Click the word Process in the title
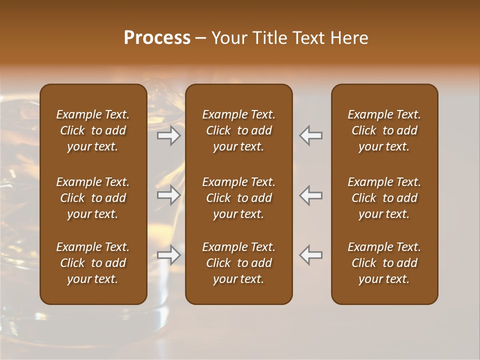[157, 38]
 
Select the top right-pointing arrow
[169, 135]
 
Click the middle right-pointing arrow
[169, 195]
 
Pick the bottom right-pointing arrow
[169, 255]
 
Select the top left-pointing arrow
[311, 135]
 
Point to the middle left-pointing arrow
[311, 195]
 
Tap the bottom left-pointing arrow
[311, 255]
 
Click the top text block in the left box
[93, 130]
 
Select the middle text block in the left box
[93, 198]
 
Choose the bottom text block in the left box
[93, 263]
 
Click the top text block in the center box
[239, 130]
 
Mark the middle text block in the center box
[239, 198]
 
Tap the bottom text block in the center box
[239, 263]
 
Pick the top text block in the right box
[384, 130]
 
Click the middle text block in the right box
[384, 198]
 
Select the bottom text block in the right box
[384, 263]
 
